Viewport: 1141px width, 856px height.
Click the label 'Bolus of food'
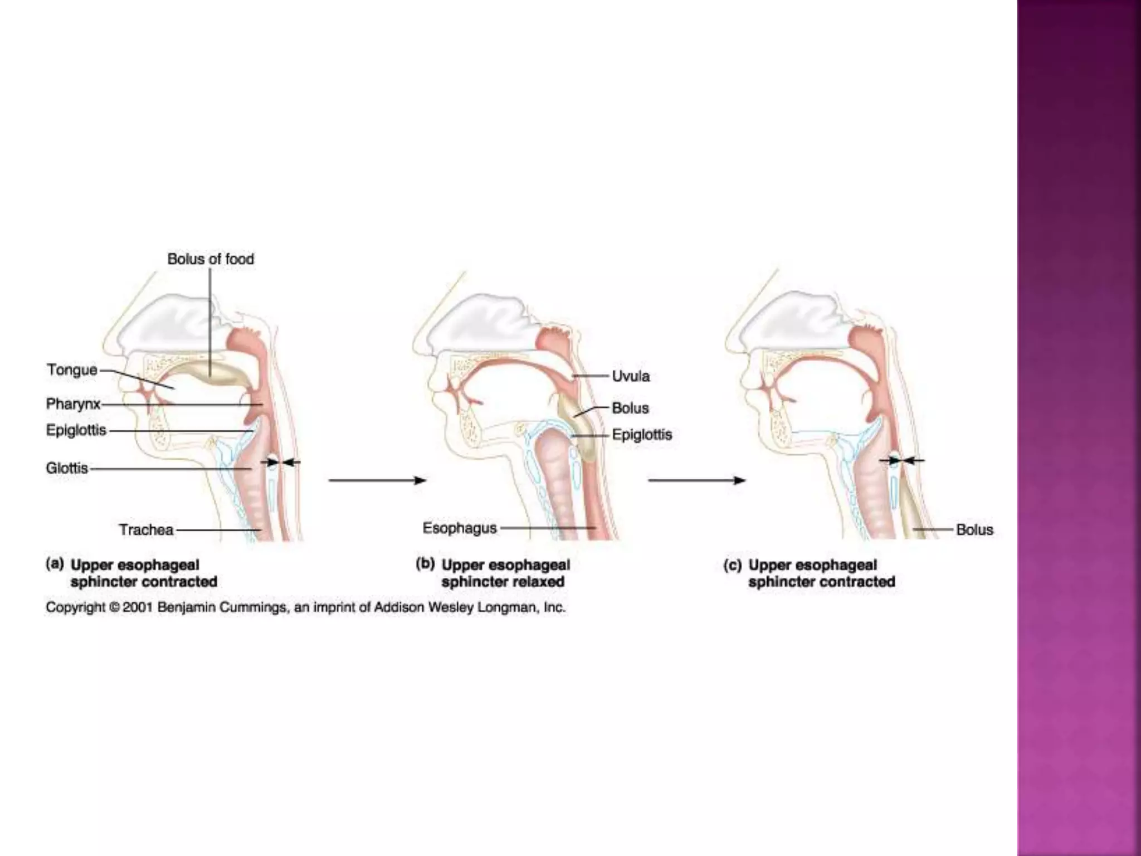tap(211, 259)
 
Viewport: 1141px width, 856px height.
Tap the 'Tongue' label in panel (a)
tap(72, 370)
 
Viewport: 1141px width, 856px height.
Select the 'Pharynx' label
tap(73, 403)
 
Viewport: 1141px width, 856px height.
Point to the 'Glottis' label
tap(67, 468)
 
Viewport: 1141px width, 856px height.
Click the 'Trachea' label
tap(146, 529)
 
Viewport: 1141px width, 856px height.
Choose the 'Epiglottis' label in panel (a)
tap(76, 431)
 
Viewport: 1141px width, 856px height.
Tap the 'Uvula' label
tap(631, 376)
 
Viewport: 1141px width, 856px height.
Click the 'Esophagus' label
tap(460, 528)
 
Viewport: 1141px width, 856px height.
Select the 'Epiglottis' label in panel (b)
tap(642, 435)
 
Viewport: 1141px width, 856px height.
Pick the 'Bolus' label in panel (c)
tap(974, 529)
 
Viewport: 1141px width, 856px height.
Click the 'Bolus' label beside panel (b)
tap(630, 408)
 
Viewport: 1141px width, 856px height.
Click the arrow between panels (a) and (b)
tap(377, 480)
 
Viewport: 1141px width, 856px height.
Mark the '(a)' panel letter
tap(55, 564)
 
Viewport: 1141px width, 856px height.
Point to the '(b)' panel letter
tap(425, 564)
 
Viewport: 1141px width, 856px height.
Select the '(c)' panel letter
tap(732, 565)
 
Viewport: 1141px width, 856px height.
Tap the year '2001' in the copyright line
tap(134, 607)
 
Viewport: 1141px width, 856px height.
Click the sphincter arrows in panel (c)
tap(901, 460)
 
